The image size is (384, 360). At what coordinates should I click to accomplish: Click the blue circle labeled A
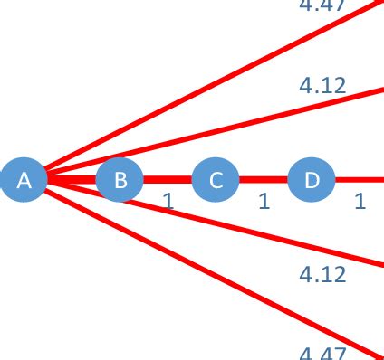pos(24,179)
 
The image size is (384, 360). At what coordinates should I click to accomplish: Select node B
pos(120,179)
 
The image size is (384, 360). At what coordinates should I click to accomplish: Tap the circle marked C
pos(216,179)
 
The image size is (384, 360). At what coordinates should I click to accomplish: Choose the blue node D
pos(312,179)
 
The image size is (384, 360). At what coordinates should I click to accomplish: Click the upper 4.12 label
pos(322,86)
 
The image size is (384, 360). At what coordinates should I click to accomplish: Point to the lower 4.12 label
pos(322,273)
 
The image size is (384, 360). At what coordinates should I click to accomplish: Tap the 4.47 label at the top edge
pos(322,5)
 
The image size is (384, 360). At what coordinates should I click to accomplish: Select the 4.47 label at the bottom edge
pos(322,353)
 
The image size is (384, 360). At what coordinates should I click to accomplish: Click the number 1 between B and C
pos(168,201)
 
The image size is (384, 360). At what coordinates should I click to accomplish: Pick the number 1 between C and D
pos(264,201)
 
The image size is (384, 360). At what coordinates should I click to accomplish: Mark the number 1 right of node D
pos(360,201)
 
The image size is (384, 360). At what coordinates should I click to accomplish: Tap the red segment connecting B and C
pos(168,179)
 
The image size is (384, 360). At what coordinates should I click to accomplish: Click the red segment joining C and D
pos(264,179)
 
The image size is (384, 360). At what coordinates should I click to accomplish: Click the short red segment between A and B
pos(72,179)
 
